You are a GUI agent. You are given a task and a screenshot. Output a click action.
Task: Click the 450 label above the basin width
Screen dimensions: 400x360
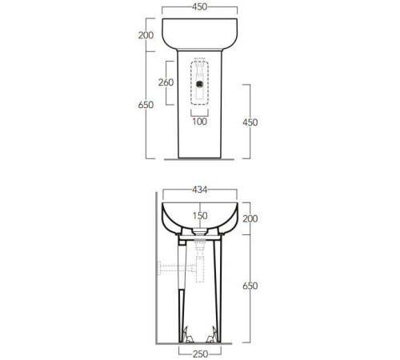pyautogui.click(x=199, y=7)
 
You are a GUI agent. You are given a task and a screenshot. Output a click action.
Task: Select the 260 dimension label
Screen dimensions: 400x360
pyautogui.click(x=166, y=82)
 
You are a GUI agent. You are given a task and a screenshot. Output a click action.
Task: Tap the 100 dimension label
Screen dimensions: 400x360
pyautogui.click(x=199, y=122)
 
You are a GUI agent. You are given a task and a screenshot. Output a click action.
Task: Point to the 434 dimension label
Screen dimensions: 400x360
pyautogui.click(x=199, y=190)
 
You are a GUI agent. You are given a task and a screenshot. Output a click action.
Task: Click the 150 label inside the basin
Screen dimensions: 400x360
pyautogui.click(x=200, y=215)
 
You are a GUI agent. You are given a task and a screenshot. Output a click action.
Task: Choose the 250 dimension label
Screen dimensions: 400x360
pyautogui.click(x=200, y=354)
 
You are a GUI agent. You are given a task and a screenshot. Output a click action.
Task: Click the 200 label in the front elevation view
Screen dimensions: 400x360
pyautogui.click(x=146, y=35)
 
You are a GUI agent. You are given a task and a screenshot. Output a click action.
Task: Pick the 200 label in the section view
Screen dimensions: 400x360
pyautogui.click(x=250, y=218)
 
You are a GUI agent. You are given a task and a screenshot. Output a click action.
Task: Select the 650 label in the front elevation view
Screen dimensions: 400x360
pyautogui.click(x=146, y=105)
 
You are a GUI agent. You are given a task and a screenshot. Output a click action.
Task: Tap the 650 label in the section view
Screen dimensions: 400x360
pyautogui.click(x=250, y=286)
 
